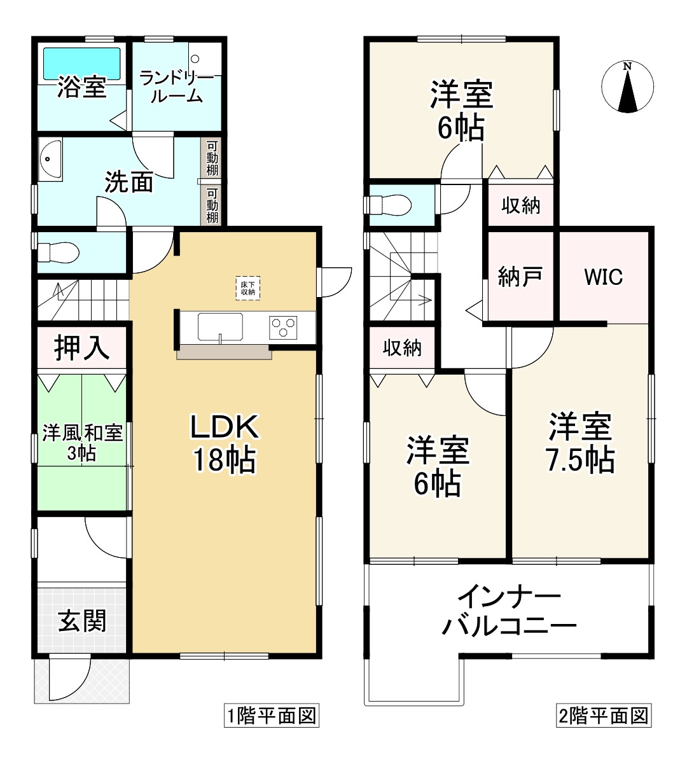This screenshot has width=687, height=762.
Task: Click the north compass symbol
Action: coord(627,87)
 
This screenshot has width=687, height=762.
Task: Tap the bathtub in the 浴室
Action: coord(81,64)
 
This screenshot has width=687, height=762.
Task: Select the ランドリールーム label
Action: coord(172,88)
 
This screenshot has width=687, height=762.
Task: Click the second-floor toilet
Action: coord(387,205)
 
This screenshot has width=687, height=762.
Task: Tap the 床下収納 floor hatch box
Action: coord(247,288)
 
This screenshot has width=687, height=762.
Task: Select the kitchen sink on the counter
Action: coord(219,327)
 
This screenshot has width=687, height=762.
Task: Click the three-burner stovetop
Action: coord(284,328)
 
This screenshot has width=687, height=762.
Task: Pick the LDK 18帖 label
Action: coord(225,443)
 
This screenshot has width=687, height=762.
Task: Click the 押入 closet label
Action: coord(81,347)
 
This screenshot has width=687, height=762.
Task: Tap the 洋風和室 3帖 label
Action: coord(82,443)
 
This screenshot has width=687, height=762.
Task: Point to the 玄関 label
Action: coord(82,620)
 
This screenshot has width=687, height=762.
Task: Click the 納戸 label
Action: coord(520,277)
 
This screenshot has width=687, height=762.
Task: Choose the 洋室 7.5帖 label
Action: coord(581,443)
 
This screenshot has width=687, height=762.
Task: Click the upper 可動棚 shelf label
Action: coord(212,159)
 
